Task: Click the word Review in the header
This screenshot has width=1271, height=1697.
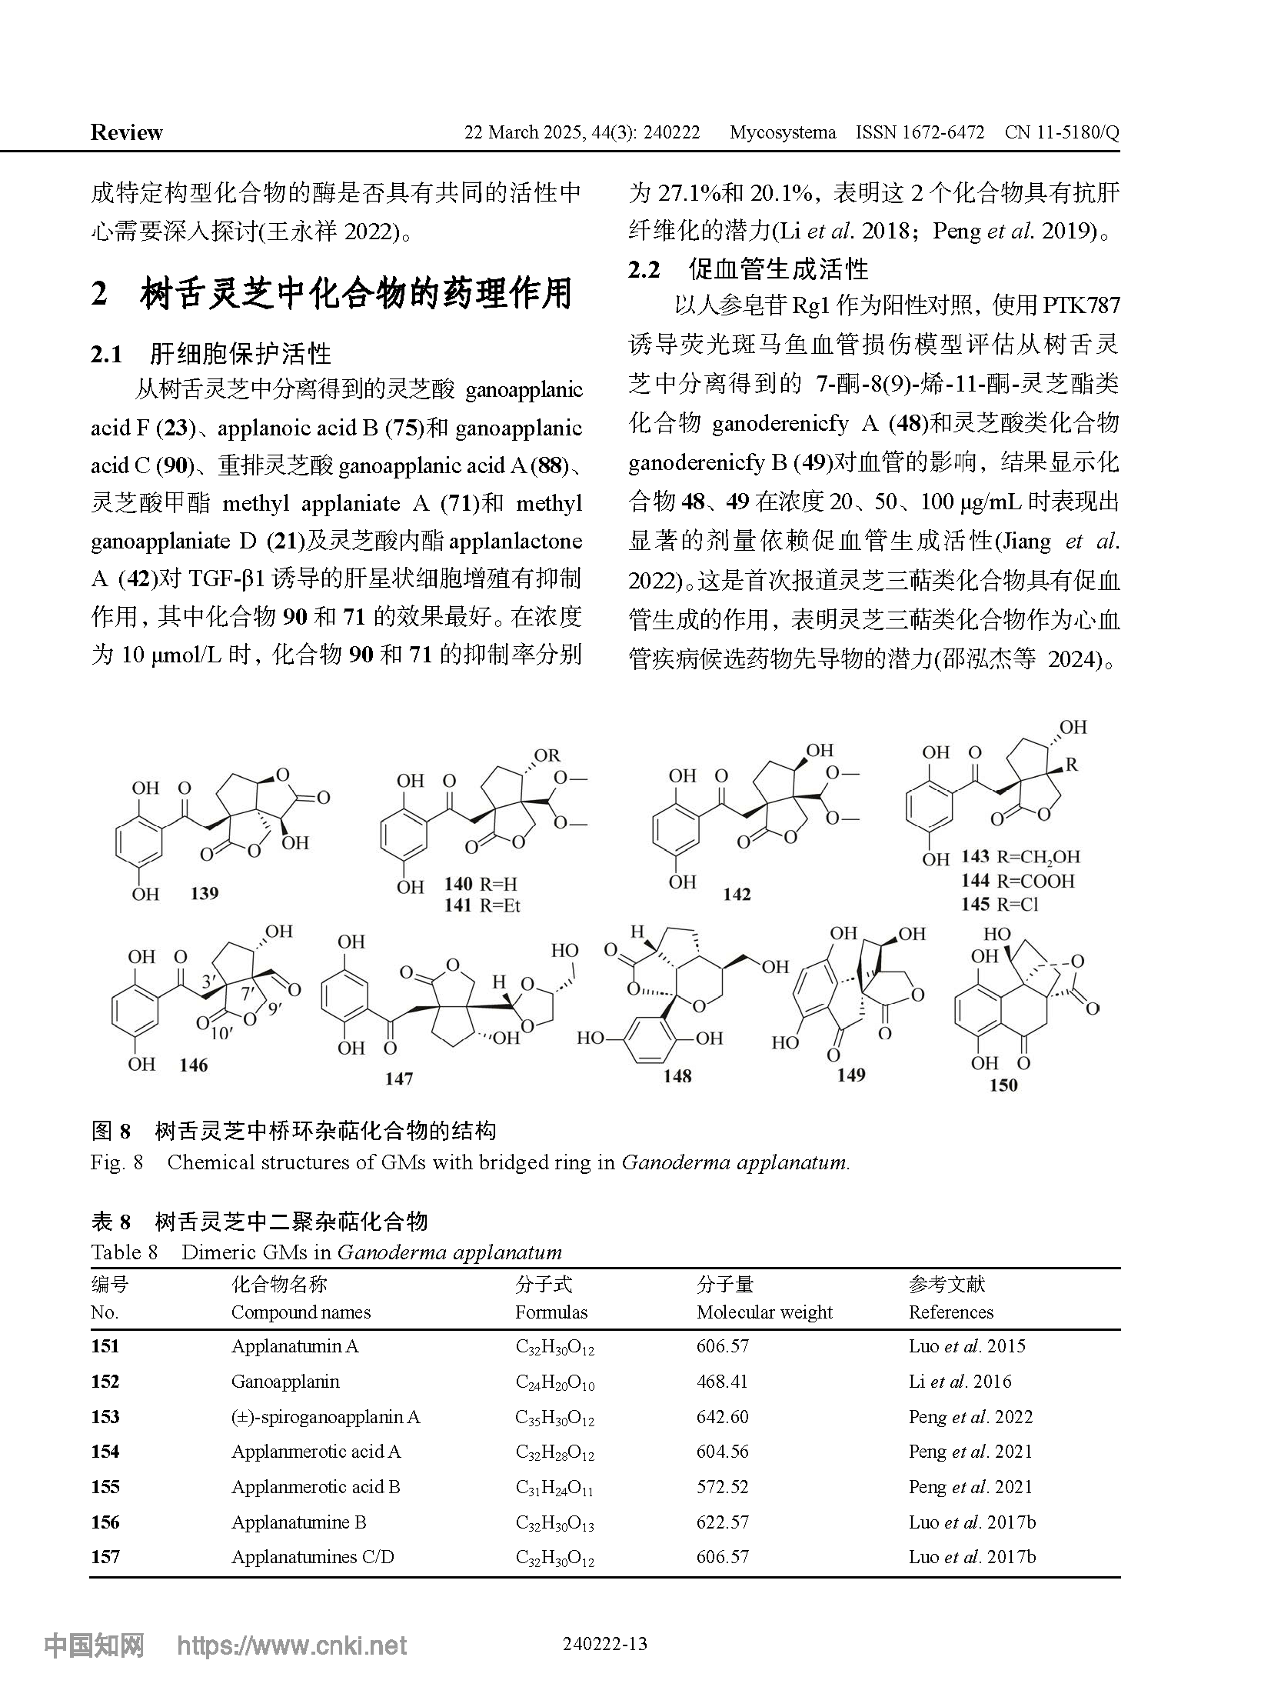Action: pos(126,132)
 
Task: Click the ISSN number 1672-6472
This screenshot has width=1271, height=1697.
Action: pos(920,132)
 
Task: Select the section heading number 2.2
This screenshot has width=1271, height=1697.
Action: pos(644,269)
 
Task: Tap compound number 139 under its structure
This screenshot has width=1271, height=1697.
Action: pos(204,893)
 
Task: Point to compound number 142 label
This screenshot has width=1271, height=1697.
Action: pos(737,894)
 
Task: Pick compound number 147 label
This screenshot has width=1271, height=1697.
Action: pos(399,1079)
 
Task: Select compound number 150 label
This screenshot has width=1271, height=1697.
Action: pos(1003,1085)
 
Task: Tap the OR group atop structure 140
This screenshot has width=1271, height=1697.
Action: pos(547,755)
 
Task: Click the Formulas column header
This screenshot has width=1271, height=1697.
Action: pos(551,1312)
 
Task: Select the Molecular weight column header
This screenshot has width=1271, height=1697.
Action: pos(764,1312)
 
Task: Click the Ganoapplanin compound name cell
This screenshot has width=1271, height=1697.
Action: pos(285,1382)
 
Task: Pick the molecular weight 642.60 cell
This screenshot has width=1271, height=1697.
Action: pos(723,1417)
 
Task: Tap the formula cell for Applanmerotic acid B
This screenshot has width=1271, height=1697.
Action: pos(554,1488)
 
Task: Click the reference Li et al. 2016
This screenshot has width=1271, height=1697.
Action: pos(960,1382)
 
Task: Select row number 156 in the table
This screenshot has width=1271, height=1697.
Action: pos(105,1522)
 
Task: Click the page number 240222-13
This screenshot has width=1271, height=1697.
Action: pos(605,1644)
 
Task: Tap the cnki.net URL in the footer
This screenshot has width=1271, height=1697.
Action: pos(292,1645)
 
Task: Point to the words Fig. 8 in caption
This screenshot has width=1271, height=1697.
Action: pos(117,1162)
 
